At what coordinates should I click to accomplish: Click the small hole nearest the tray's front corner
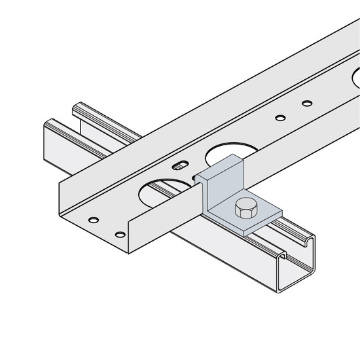(x=120, y=234)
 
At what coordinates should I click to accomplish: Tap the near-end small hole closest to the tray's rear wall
(x=94, y=218)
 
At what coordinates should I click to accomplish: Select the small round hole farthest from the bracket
(x=306, y=103)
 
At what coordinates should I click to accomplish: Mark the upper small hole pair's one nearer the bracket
(x=280, y=118)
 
